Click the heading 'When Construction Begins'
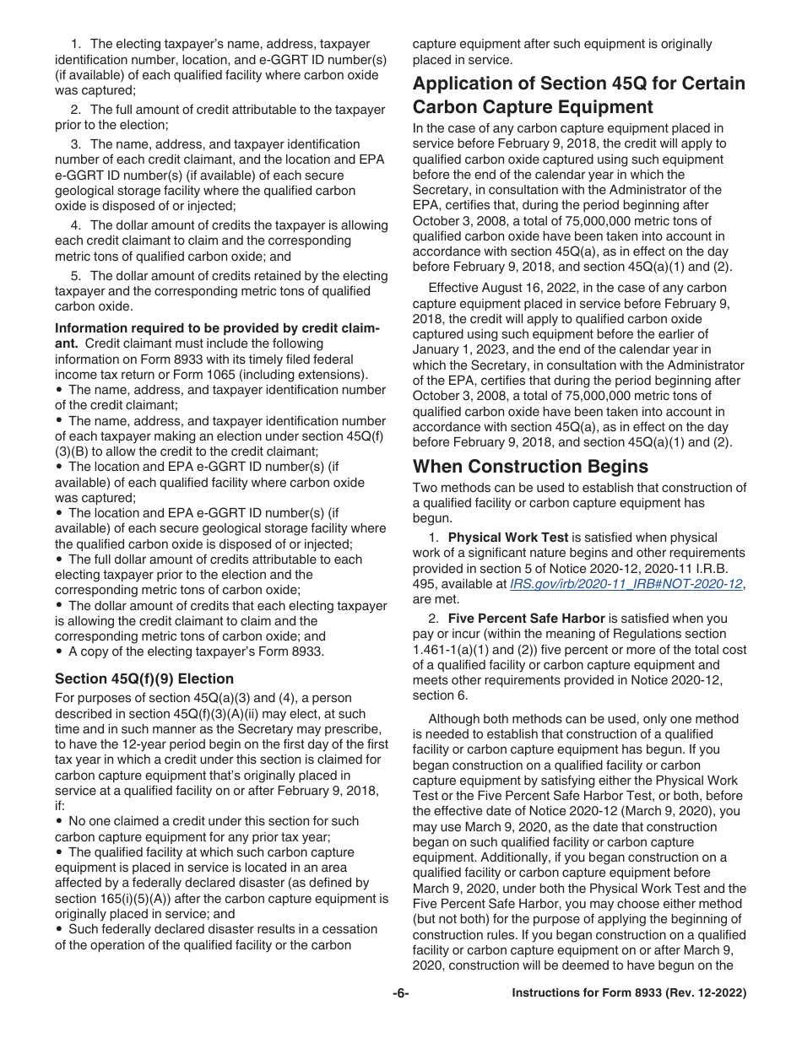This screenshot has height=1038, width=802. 530,467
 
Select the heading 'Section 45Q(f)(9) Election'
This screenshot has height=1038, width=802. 144,678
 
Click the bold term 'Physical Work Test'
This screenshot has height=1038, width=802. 507,538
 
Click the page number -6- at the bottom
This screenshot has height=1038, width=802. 400,994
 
